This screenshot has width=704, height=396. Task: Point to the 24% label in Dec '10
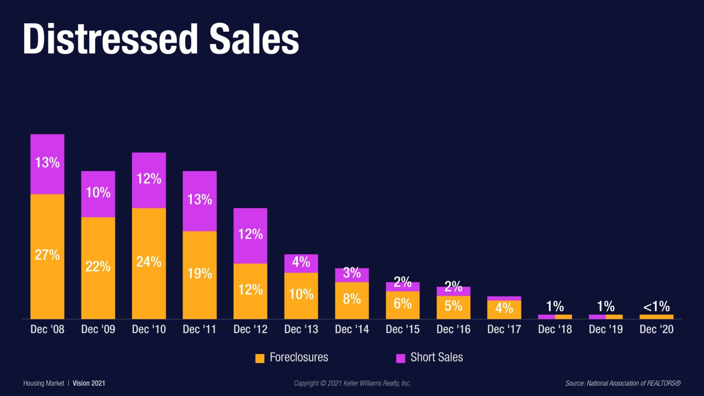coord(149,262)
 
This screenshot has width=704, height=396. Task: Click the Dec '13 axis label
coord(301,329)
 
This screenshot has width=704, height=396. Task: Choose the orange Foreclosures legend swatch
coord(260,358)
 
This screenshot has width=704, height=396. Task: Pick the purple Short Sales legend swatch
coord(400,358)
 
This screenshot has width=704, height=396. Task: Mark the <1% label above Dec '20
coord(656,306)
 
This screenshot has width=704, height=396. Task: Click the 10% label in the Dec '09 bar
coord(98,192)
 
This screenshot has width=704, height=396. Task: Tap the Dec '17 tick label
coord(504,329)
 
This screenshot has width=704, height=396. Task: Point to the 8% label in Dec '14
coord(352,299)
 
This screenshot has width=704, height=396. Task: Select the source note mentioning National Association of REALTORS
coord(623,383)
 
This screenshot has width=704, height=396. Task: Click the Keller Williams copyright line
coord(352,383)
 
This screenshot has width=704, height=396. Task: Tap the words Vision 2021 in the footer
coord(89,383)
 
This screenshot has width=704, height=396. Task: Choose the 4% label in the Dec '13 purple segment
coord(301,262)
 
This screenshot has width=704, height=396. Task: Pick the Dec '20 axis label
coord(656,329)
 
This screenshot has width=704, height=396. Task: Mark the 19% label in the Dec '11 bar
coord(199,274)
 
